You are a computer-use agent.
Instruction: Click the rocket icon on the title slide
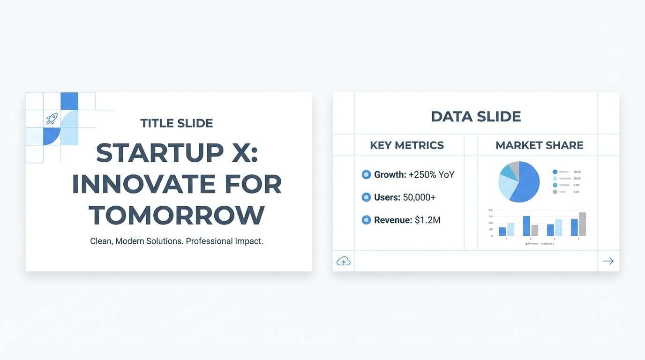[51, 119]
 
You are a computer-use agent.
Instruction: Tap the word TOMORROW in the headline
[177, 215]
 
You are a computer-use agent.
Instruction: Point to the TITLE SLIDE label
[177, 123]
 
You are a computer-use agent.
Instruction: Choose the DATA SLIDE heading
[476, 117]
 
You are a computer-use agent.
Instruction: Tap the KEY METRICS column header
[407, 145]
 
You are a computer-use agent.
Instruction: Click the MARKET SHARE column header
[539, 145]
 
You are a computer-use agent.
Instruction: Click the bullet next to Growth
[367, 175]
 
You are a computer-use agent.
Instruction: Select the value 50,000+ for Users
[420, 197]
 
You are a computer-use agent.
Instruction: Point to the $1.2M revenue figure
[427, 220]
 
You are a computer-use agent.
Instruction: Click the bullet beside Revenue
[367, 220]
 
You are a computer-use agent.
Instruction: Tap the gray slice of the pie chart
[515, 168]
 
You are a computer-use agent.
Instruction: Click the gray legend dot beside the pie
[555, 192]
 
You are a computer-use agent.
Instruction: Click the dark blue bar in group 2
[526, 226]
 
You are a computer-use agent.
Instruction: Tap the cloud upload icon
[344, 261]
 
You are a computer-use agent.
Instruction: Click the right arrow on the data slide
[608, 261]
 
